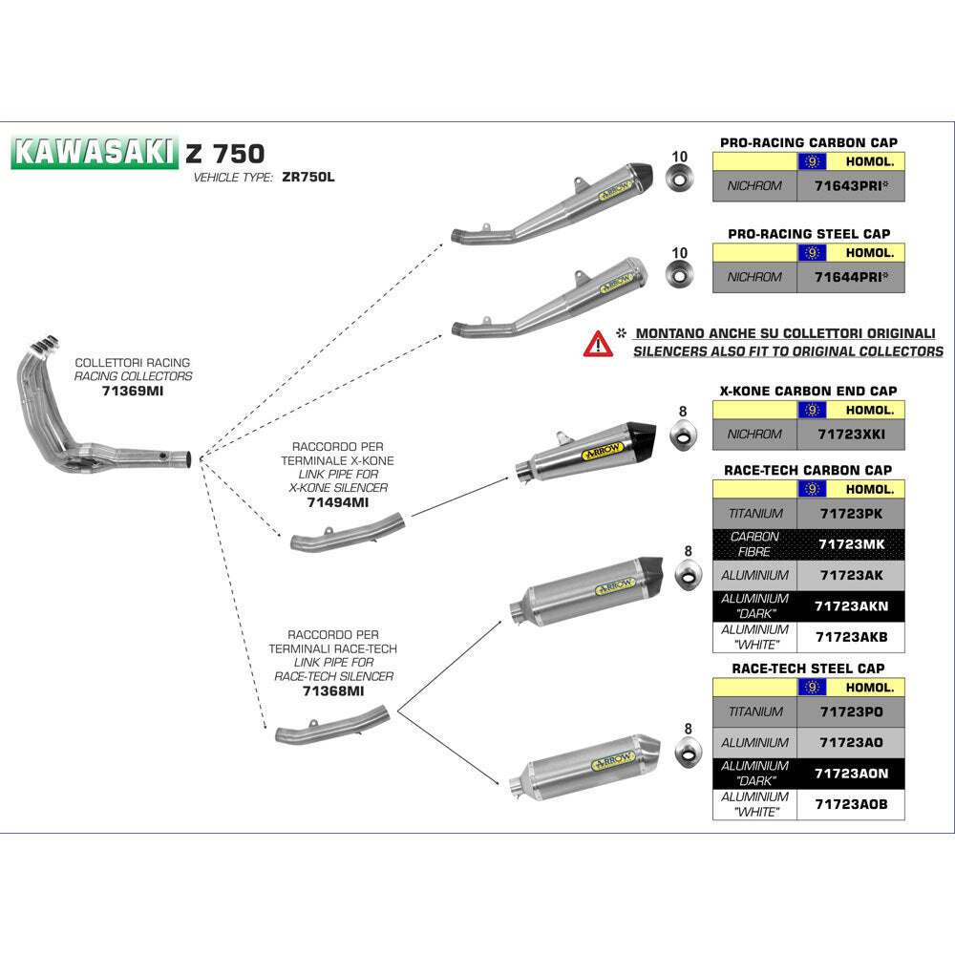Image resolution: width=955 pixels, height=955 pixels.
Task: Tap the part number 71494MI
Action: (x=337, y=501)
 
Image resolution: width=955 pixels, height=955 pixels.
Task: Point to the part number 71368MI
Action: (x=333, y=690)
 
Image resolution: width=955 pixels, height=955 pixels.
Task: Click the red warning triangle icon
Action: (x=598, y=343)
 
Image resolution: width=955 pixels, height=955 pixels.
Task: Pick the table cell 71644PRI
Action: (x=850, y=277)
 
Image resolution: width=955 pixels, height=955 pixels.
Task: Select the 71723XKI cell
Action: (x=850, y=434)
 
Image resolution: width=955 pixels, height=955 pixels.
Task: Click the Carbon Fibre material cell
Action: (x=754, y=544)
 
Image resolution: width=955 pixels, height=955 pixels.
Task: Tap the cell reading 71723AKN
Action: (x=850, y=606)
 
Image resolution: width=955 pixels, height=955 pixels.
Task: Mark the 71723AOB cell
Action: (x=850, y=804)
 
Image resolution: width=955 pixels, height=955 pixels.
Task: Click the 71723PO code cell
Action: (x=850, y=711)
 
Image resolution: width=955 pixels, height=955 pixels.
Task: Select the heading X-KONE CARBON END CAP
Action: (x=808, y=391)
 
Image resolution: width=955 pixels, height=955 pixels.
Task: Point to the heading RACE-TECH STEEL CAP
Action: (x=808, y=668)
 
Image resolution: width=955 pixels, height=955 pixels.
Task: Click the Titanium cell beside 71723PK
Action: (x=754, y=513)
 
